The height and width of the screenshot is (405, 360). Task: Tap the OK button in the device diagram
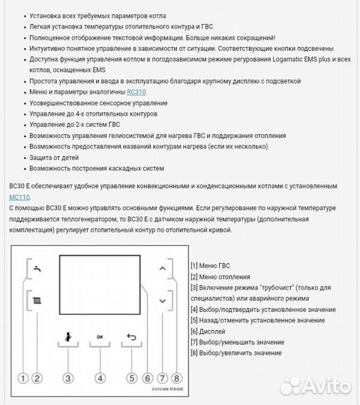coord(100,337)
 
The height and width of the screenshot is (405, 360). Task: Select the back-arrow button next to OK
coord(133,337)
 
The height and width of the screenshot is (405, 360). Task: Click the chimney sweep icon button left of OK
coord(67,337)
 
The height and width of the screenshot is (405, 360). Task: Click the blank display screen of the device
coord(99,283)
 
